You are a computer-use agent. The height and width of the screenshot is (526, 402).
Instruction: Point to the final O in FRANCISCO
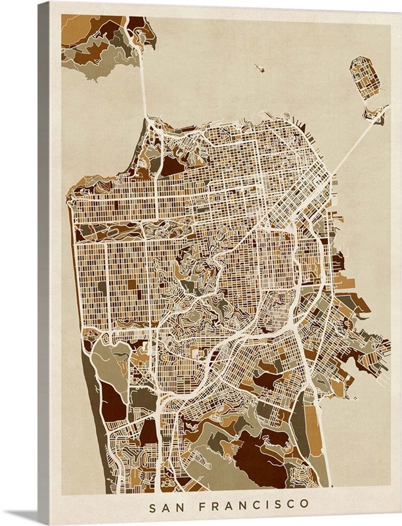pos(305,505)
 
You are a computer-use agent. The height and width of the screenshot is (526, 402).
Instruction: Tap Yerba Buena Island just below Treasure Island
pos(376,114)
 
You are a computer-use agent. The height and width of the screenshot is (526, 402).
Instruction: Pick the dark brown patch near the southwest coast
pos(113,401)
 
